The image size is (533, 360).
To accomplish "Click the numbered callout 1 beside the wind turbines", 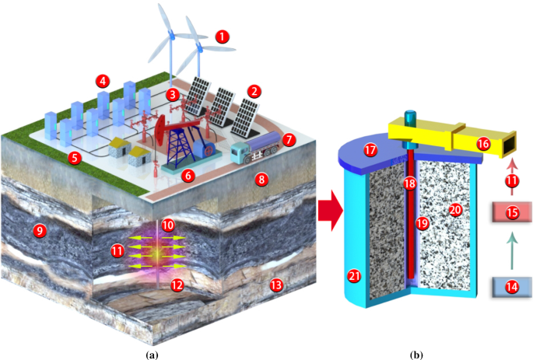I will [x=223, y=36].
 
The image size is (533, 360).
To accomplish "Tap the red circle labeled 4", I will [x=101, y=79].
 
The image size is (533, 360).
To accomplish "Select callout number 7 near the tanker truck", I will [x=289, y=141].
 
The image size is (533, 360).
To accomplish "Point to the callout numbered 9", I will [x=33, y=230].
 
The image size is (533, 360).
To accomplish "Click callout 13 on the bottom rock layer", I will [x=275, y=285].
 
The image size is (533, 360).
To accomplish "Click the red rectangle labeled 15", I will [x=511, y=212].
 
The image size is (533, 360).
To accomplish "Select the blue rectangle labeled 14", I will [x=511, y=286].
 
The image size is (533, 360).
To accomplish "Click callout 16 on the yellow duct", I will [x=483, y=143].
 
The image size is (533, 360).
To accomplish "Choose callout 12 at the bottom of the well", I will [x=177, y=285].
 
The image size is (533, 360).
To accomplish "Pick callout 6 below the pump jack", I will [x=188, y=175].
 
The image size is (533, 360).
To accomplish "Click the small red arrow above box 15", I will [x=511, y=166].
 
